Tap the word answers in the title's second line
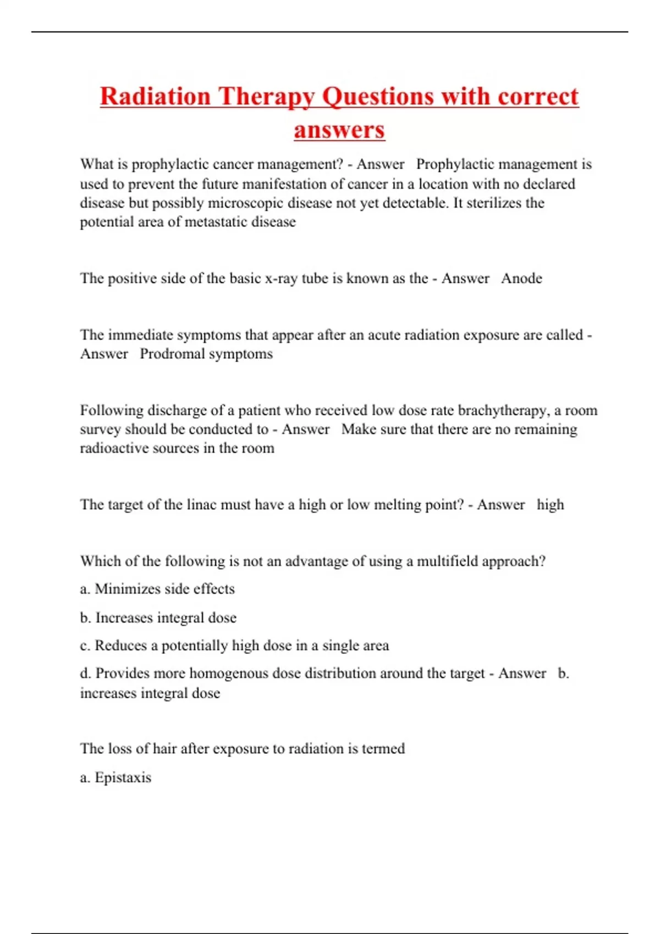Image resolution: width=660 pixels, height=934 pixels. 339,130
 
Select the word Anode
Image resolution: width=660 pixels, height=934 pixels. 521,279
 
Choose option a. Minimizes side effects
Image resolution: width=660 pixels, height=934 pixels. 157,589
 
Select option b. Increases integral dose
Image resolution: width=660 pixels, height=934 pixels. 158,618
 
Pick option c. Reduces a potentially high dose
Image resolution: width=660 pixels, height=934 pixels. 234,646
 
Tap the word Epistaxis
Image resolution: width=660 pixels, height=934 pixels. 123,778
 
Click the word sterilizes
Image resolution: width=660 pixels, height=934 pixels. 494,203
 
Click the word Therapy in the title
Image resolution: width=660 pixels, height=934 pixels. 266,97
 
